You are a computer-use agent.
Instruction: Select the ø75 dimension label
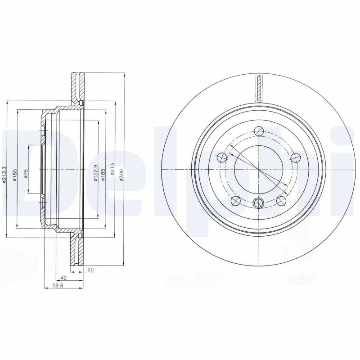coord(26,174)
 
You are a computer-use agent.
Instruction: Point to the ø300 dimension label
coord(121,174)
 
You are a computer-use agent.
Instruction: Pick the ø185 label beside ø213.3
coord(14,174)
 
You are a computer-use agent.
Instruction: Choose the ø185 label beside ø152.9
coord(103,174)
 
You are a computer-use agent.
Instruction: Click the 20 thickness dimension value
coord(90,270)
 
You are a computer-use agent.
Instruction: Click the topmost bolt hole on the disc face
coord(258,131)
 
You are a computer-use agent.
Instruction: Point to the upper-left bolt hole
coord(222,157)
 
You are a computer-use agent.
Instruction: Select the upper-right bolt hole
coord(295,157)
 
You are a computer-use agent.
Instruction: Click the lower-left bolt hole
coord(235,200)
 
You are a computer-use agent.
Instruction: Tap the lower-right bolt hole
coord(281,200)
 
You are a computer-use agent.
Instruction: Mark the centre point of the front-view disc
coord(258,170)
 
